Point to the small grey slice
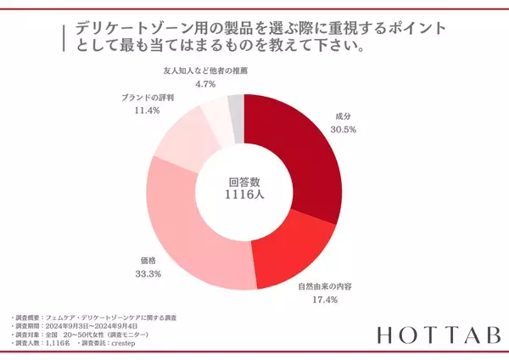click(237, 109)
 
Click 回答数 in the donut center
click(244, 181)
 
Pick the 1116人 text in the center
click(244, 197)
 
